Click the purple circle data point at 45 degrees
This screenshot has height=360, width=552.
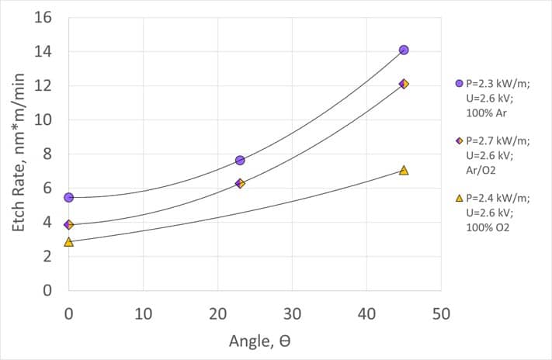tap(404, 50)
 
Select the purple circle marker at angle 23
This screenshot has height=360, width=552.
tap(240, 160)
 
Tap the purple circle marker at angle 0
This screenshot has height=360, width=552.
tap(69, 198)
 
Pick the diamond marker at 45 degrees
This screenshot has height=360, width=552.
tap(404, 84)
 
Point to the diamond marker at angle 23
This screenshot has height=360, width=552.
tap(240, 184)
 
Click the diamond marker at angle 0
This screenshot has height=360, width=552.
tap(69, 225)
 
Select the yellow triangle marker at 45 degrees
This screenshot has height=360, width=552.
tap(404, 170)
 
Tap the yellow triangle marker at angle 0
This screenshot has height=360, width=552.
tap(69, 242)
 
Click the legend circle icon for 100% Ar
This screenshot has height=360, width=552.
tap(459, 83)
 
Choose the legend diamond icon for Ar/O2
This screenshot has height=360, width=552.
tap(459, 141)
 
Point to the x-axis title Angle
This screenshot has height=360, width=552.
tap(259, 341)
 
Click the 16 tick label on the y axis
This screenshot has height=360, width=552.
tap(44, 18)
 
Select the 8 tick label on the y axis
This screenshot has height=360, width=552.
tap(48, 154)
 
